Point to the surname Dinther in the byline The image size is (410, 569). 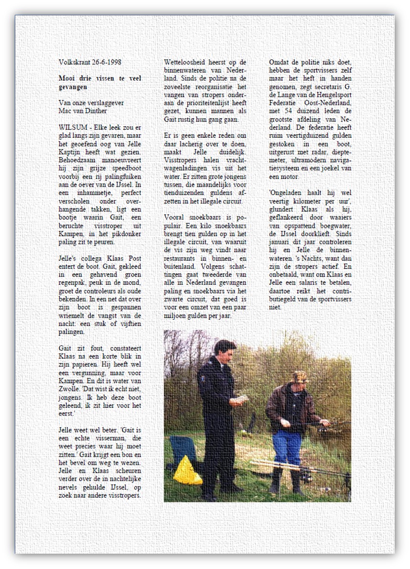pos(96,111)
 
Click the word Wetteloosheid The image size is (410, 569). pos(183,62)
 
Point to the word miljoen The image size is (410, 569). pos(175,315)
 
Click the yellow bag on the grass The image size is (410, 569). pos(187,471)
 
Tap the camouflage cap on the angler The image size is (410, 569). pos(300,376)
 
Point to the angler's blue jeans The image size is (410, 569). pos(286,447)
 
